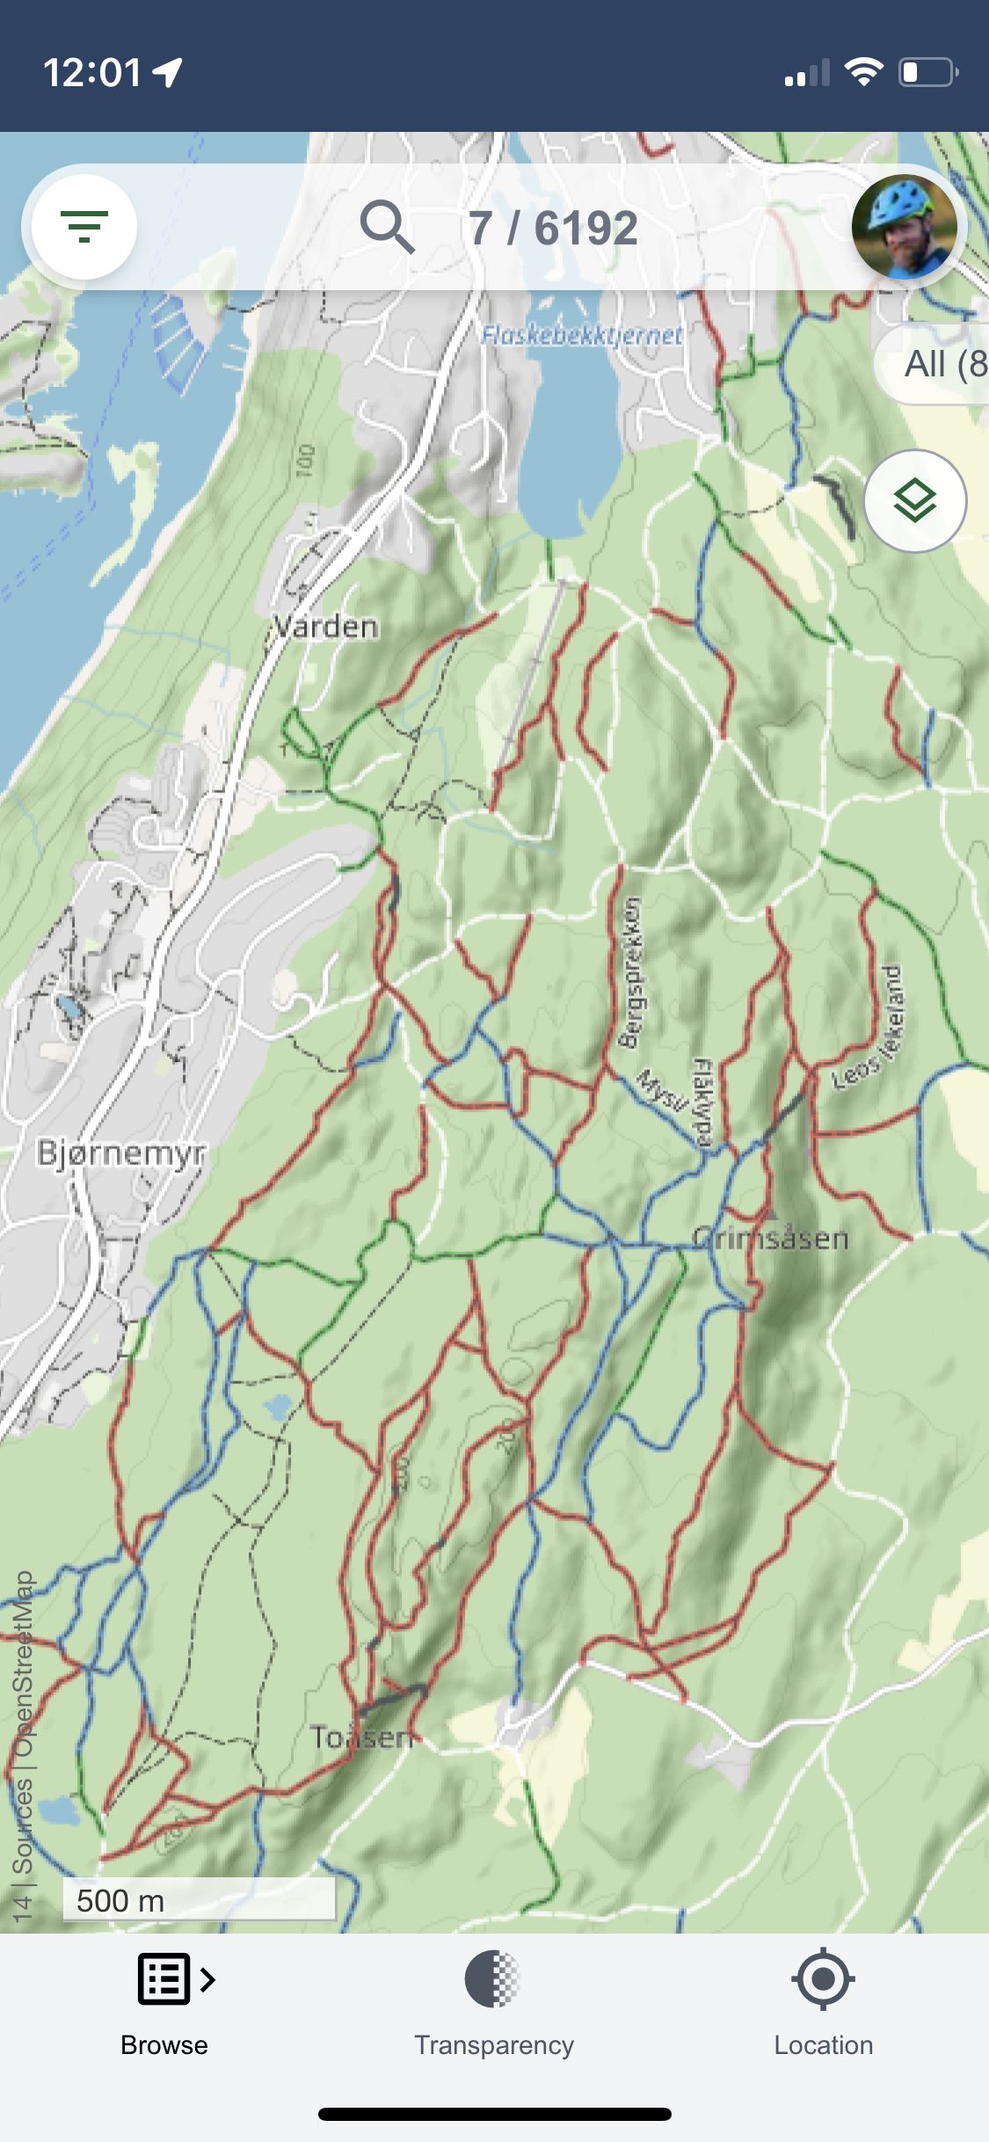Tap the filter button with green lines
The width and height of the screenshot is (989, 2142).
pos(84,227)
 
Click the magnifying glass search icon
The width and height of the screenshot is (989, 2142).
pos(387,227)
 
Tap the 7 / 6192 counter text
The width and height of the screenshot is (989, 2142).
pos(552,229)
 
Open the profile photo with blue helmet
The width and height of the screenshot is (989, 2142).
pos(905,227)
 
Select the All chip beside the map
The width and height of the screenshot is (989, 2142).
pos(941,364)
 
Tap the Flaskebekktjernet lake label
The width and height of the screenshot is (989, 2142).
pos(582,335)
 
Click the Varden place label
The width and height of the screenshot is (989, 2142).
pos(326,627)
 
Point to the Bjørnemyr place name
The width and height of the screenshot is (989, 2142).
pos(121,1152)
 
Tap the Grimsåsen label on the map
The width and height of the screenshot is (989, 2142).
pos(770,1239)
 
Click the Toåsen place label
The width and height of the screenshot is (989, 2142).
pos(361,1738)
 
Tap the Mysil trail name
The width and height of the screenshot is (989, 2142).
pos(661,1090)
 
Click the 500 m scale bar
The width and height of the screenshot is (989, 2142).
pos(199,1900)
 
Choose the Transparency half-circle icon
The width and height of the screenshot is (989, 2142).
pos(492,1979)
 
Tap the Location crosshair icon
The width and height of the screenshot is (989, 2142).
pos(823,1979)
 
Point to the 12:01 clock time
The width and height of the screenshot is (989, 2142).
pos(91,72)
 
